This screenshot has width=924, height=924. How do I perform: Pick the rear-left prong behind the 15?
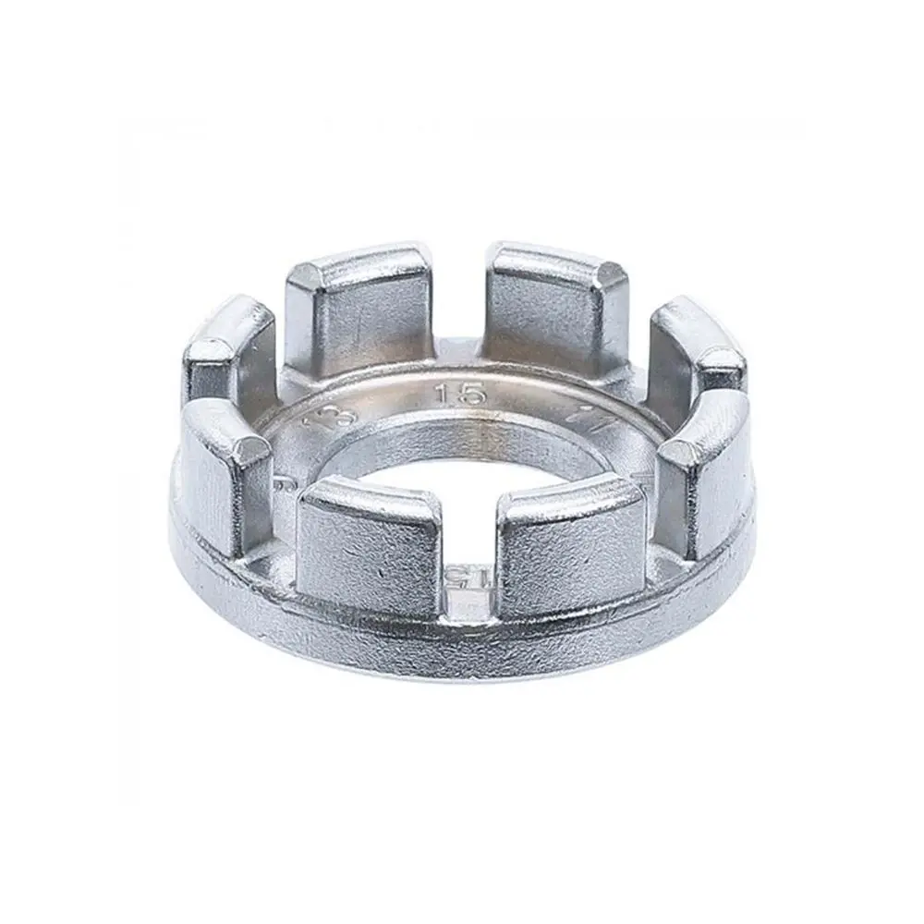[x=356, y=310]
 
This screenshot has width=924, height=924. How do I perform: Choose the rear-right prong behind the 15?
[x=554, y=305]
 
